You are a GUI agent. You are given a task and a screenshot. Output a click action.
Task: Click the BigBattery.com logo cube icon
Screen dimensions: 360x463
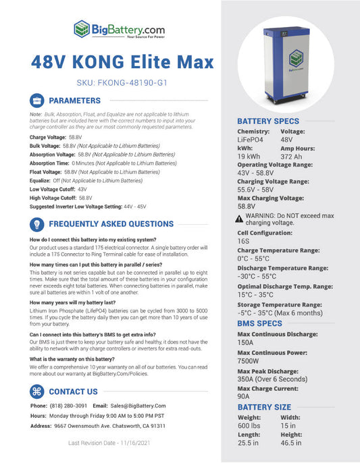coord(82,29)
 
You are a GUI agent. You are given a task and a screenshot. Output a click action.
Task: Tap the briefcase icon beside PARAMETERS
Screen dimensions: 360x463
coord(38,101)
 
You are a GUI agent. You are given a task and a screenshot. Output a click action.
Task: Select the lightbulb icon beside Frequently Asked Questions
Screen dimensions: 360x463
coord(38,224)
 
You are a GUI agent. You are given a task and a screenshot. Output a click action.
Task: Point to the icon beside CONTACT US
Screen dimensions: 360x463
coord(38,391)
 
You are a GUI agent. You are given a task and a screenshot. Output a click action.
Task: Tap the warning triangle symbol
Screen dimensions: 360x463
coord(239,219)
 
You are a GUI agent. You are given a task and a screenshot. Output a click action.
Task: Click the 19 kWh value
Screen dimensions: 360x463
coord(249,156)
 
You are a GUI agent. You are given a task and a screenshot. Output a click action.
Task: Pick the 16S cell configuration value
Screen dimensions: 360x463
coord(244,240)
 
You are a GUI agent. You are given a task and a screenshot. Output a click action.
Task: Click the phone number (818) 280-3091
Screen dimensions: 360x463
coord(68,406)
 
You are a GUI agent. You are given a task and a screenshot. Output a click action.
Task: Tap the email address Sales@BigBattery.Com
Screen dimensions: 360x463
coord(138,406)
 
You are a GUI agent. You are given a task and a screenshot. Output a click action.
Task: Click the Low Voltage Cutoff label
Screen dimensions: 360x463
coord(53,190)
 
